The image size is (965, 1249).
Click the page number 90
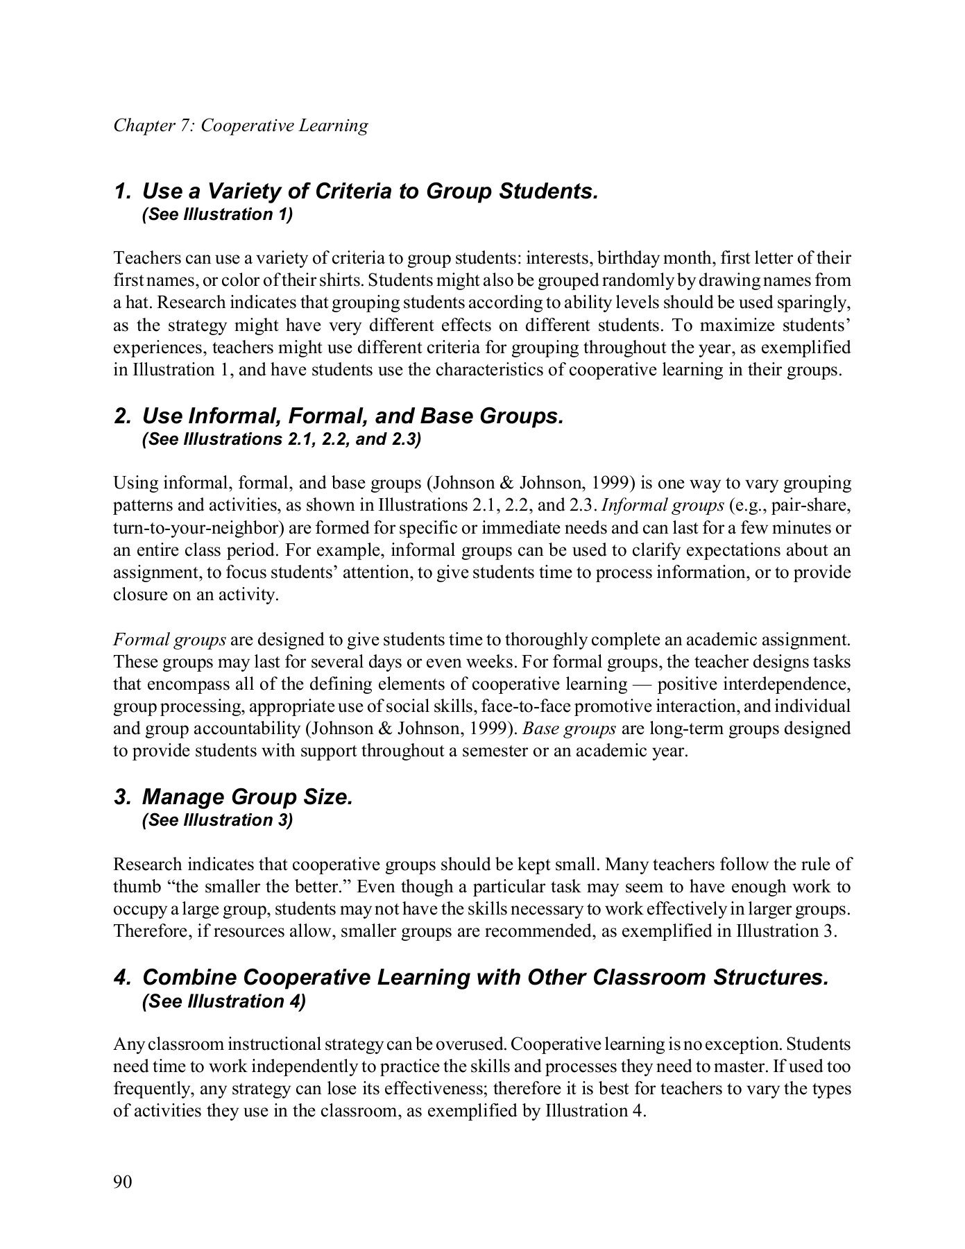(122, 1182)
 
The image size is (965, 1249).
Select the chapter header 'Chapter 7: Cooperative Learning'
(241, 126)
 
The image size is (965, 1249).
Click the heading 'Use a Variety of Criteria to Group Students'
(369, 191)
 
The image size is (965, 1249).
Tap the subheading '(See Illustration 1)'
(217, 214)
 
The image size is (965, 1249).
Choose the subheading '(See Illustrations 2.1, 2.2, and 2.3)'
(281, 440)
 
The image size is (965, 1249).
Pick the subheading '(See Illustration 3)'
(217, 821)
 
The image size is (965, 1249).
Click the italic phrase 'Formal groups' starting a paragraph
(169, 639)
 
